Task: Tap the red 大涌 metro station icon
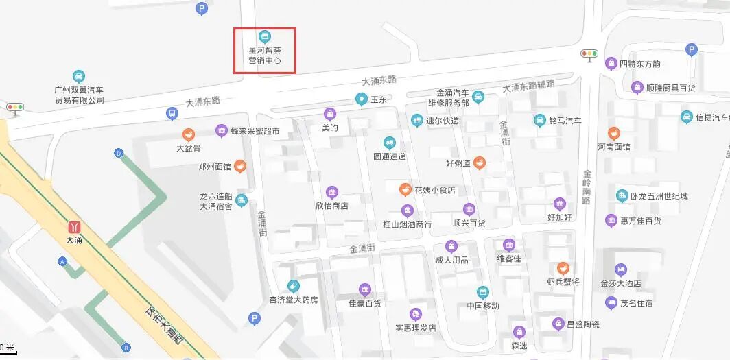pyautogui.click(x=73, y=226)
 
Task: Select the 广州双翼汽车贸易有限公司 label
pyautogui.click(x=79, y=95)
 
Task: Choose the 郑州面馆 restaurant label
pyautogui.click(x=214, y=166)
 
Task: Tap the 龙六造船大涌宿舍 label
pyautogui.click(x=217, y=201)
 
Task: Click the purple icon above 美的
pyautogui.click(x=330, y=113)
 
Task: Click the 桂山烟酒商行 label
pyautogui.click(x=407, y=224)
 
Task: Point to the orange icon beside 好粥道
pyautogui.click(x=480, y=163)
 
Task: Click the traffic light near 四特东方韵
pyautogui.click(x=589, y=53)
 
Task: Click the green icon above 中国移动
pyautogui.click(x=483, y=291)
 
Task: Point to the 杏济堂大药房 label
pyautogui.click(x=294, y=300)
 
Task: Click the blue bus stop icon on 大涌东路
pyautogui.click(x=172, y=113)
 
